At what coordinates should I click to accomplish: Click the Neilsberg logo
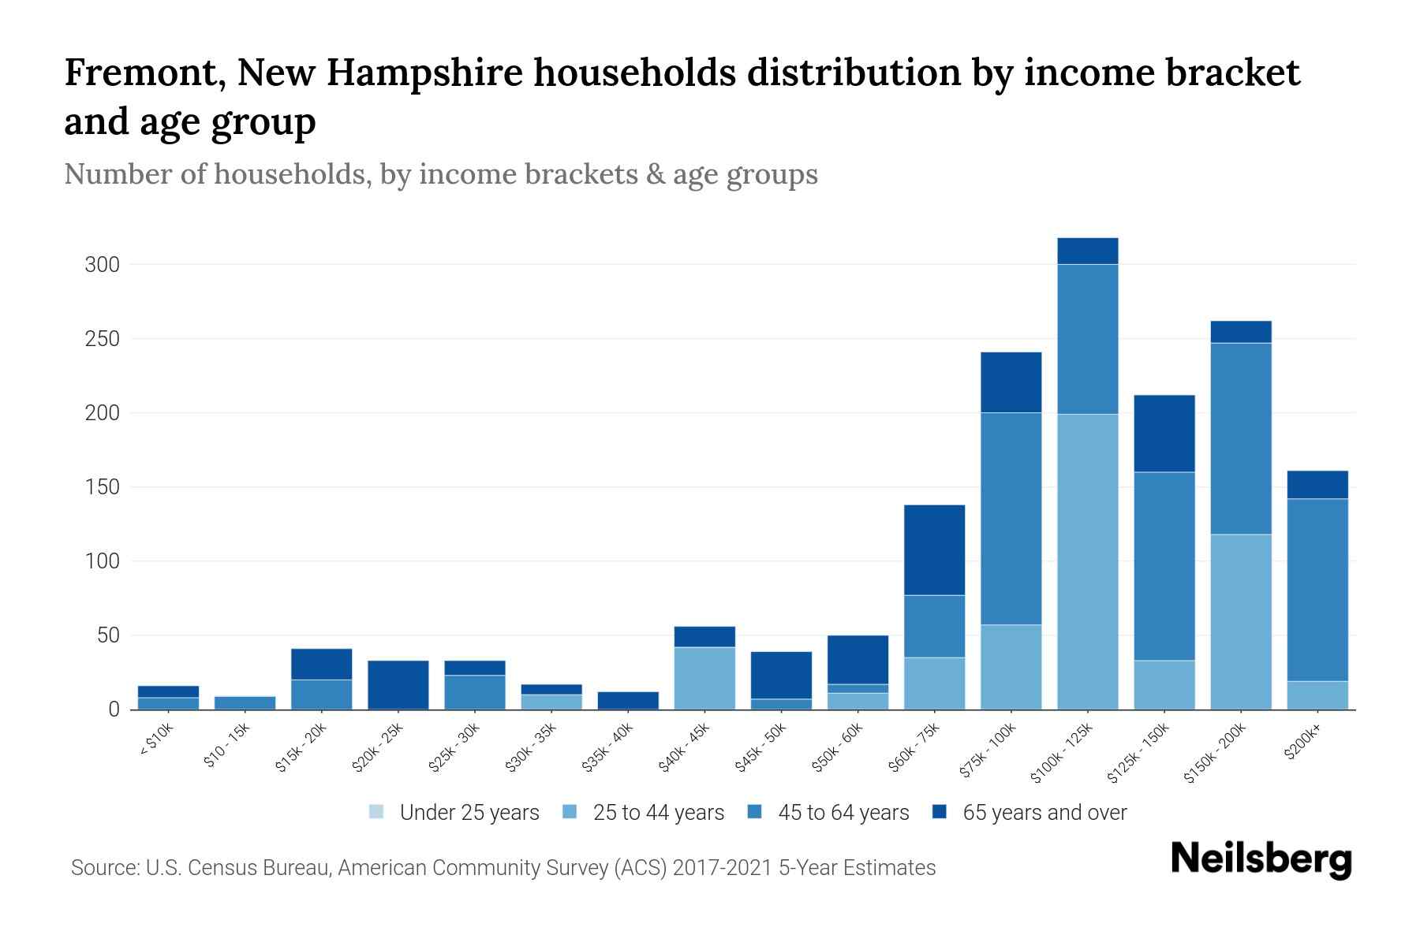[x=1261, y=859]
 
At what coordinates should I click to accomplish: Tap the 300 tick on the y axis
[x=103, y=265]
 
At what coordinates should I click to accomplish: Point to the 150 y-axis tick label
[x=103, y=487]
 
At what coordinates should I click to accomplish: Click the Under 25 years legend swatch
[x=377, y=812]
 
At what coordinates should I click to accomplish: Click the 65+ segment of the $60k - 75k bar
[x=934, y=549]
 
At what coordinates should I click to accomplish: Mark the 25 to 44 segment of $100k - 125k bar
[x=1088, y=561]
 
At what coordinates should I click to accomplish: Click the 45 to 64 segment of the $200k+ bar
[x=1317, y=590]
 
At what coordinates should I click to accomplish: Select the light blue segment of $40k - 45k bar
[x=704, y=678]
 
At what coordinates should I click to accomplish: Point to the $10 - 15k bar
[x=245, y=702]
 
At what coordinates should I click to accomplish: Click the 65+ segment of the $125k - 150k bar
[x=1164, y=434]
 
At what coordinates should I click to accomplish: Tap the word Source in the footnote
[x=104, y=868]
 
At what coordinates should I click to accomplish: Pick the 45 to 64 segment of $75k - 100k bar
[x=1011, y=519]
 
